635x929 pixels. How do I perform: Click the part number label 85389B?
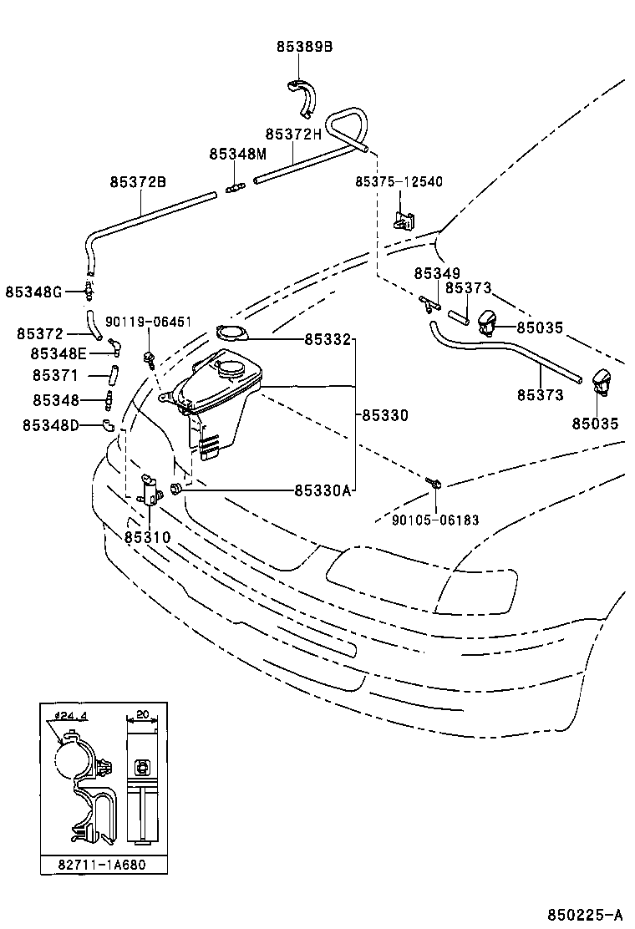coord(304,48)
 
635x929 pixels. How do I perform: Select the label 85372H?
coord(293,134)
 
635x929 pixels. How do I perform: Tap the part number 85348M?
coord(237,154)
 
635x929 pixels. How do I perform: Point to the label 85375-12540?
coord(399,181)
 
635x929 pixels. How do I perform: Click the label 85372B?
coord(138,181)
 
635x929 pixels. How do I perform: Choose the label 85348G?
coord(33,292)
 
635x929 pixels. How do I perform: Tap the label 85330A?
coord(323,490)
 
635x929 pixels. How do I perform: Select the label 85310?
coord(148,537)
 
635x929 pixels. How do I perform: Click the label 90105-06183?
coord(435,520)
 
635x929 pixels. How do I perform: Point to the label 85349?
coord(436,273)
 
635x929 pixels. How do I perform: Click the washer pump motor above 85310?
coord(150,489)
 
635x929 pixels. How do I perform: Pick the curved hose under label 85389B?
coord(303,96)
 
